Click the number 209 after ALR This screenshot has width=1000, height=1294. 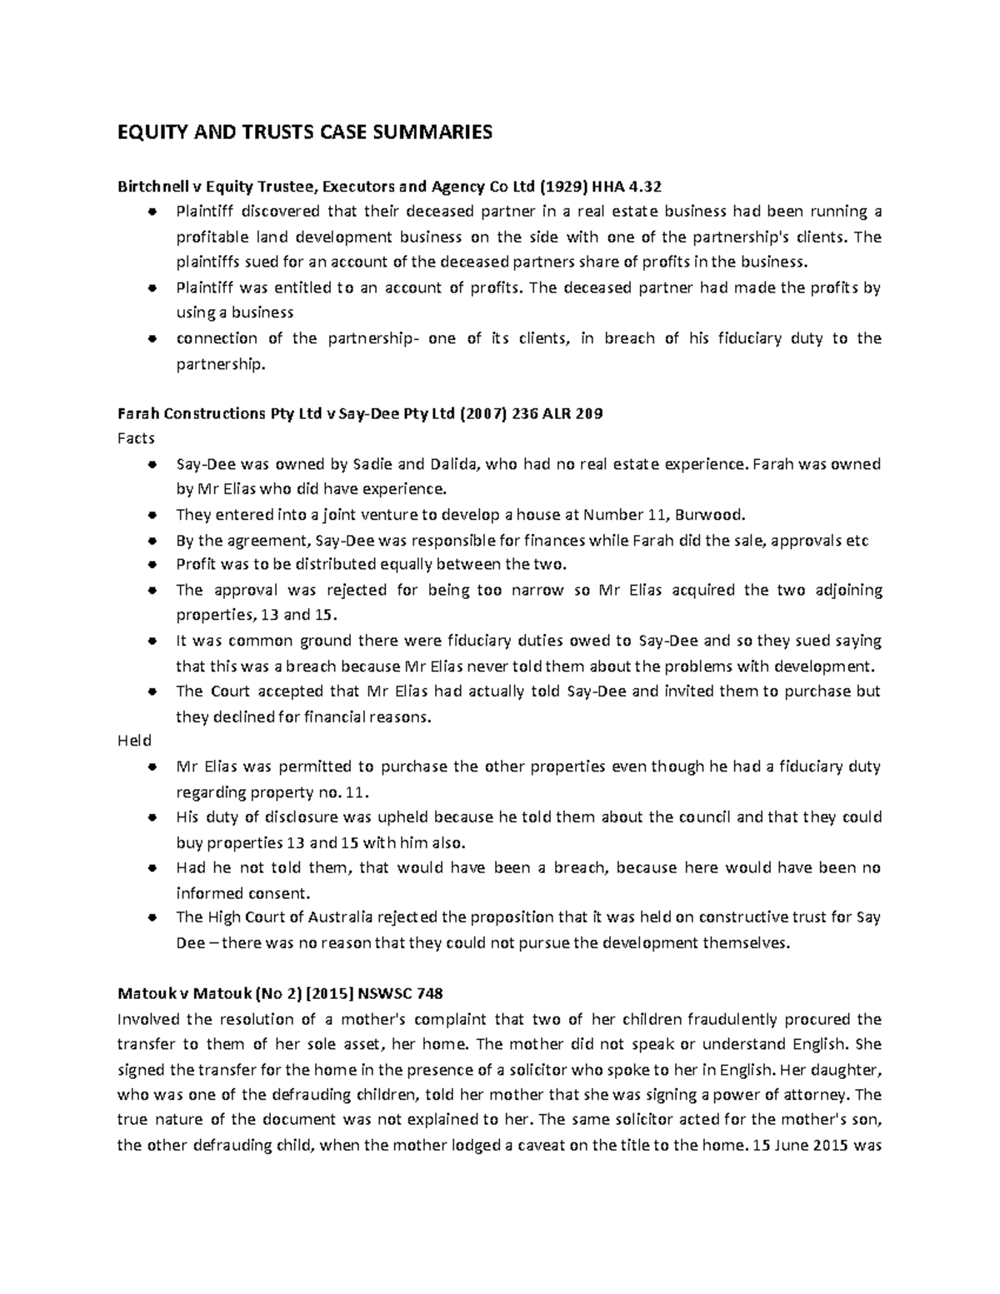[588, 413]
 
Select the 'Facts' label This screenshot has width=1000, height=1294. [136, 438]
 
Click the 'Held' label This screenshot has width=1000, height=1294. [134, 741]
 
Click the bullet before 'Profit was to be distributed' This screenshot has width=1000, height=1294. [152, 565]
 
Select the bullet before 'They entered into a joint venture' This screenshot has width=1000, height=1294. [152, 515]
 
